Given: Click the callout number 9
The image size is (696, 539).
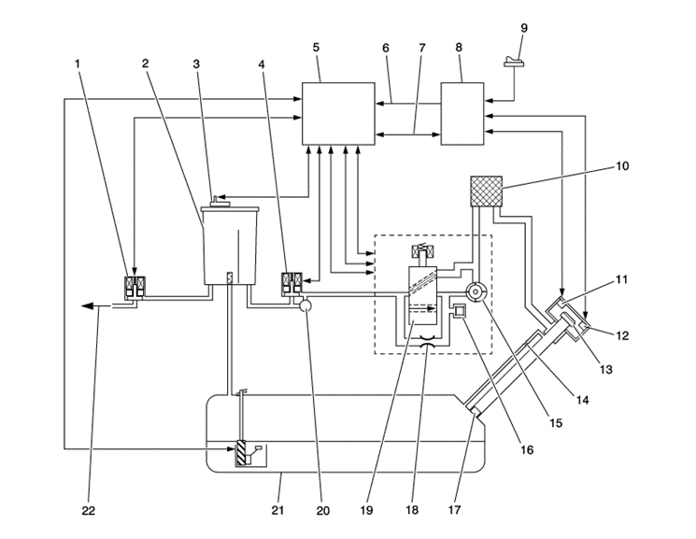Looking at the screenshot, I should (524, 28).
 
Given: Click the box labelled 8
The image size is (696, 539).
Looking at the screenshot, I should (462, 113).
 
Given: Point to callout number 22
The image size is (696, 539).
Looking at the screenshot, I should (88, 511).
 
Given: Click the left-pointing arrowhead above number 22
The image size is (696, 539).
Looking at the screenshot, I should (85, 305).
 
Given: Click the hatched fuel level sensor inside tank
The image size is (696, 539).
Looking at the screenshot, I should (241, 453).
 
